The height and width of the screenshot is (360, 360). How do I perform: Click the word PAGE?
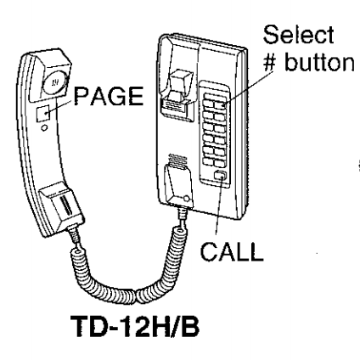[x=109, y=96]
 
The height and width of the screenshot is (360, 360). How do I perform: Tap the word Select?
[x=299, y=35]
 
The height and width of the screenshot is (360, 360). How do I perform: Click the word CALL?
[x=232, y=251]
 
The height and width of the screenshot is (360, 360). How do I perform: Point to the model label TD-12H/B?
[x=135, y=326]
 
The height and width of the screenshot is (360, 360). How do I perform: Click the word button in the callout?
[x=319, y=62]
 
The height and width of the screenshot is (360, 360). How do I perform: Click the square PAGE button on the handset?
[x=43, y=113]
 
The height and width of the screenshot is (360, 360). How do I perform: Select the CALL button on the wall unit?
[x=220, y=176]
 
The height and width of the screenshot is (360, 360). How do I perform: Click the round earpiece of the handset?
[x=55, y=82]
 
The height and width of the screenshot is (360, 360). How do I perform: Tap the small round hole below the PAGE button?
[x=44, y=128]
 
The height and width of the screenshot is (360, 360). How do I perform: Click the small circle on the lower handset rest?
[x=187, y=199]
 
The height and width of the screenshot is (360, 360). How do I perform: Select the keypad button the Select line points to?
[x=220, y=105]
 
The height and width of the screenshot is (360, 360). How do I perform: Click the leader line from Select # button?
[x=248, y=88]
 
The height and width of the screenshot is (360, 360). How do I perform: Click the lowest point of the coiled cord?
[x=137, y=303]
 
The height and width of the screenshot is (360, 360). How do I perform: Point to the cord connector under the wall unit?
[x=183, y=214]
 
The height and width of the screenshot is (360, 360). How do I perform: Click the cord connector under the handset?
[x=75, y=235]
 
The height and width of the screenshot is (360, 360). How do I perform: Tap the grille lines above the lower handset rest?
[x=177, y=160]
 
